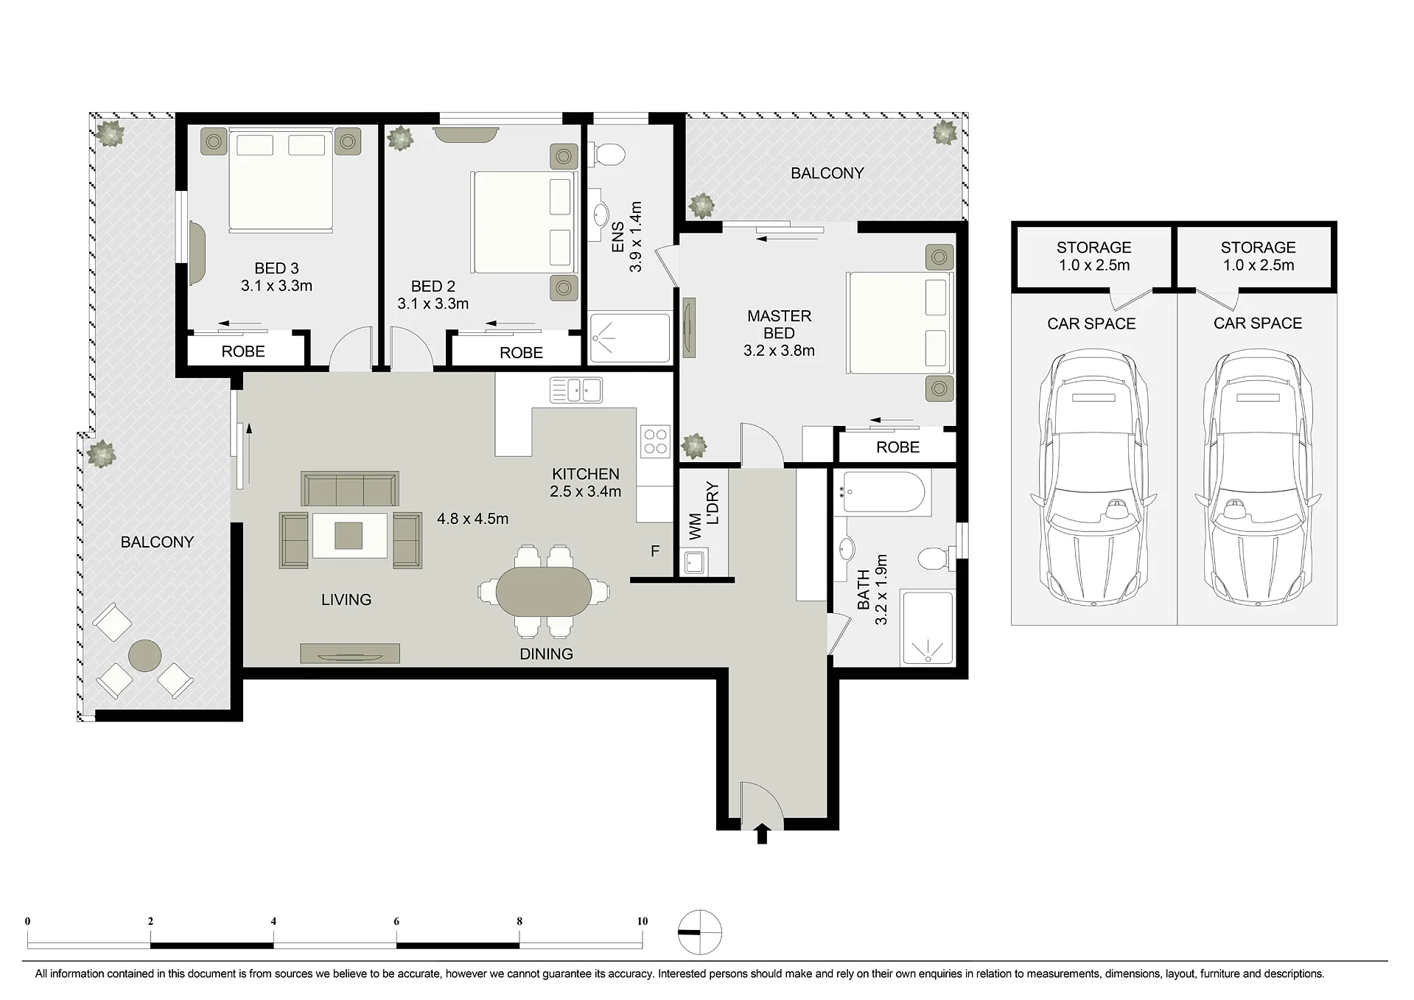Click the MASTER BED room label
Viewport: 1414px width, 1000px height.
pos(779,324)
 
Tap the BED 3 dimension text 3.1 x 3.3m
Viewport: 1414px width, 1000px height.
pos(276,286)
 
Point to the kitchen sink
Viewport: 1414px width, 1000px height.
pos(576,390)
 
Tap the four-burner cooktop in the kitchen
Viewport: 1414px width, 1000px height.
pos(655,441)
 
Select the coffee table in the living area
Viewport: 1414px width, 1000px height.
pos(349,535)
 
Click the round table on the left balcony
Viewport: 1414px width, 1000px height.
pos(144,654)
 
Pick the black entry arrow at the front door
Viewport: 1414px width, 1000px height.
pos(762,833)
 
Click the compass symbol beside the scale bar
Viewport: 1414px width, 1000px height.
pos(700,932)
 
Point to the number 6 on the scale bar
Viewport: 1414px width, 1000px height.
pos(396,921)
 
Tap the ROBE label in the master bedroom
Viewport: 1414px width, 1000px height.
pos(897,447)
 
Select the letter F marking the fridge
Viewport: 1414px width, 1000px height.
pos(655,551)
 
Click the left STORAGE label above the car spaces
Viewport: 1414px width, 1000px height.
pos(1093,248)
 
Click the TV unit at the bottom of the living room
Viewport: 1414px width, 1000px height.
pos(350,653)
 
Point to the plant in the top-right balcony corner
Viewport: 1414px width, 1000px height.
pos(944,133)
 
